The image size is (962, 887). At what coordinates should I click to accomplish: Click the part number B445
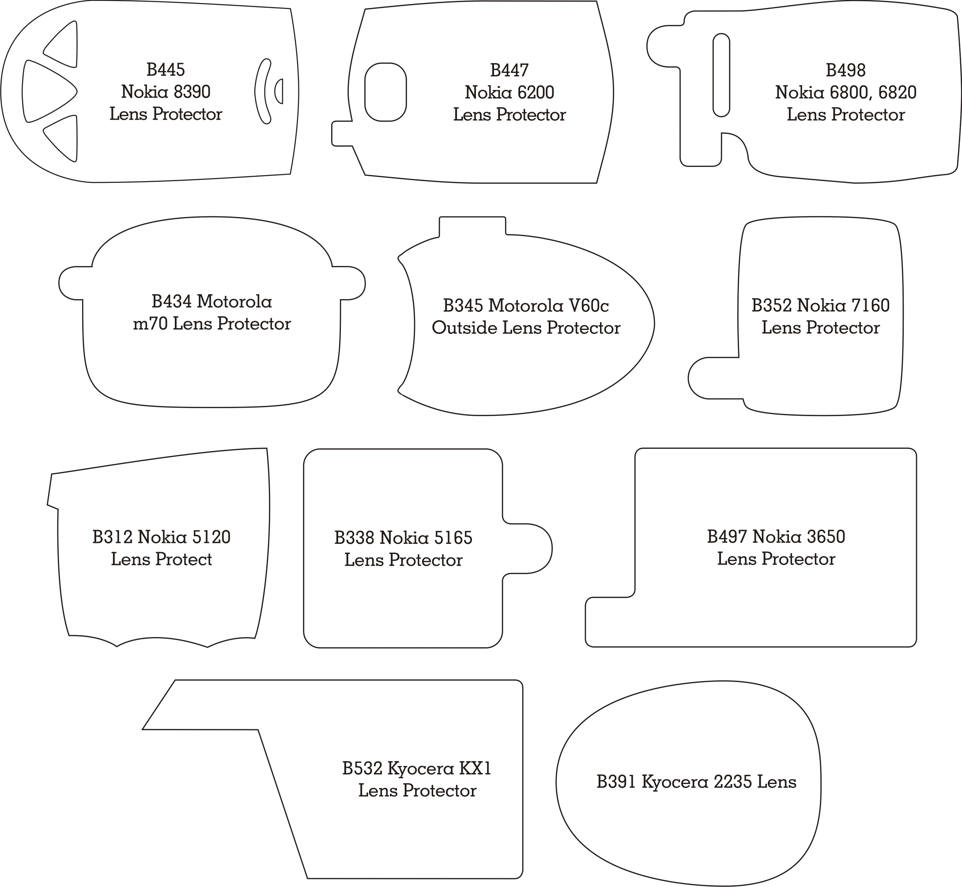coord(166,70)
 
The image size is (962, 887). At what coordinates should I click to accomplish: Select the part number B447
coord(509,70)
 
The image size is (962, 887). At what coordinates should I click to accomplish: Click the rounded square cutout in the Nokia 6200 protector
coord(386,92)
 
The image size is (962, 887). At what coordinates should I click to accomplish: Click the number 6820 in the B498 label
coord(897,92)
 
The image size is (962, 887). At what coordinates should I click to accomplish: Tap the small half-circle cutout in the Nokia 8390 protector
coord(279,91)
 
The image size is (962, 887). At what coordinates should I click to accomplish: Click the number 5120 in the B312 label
coord(211,537)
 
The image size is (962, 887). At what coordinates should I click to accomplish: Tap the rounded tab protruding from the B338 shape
coord(528,549)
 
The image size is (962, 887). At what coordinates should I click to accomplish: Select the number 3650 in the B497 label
coord(826,536)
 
